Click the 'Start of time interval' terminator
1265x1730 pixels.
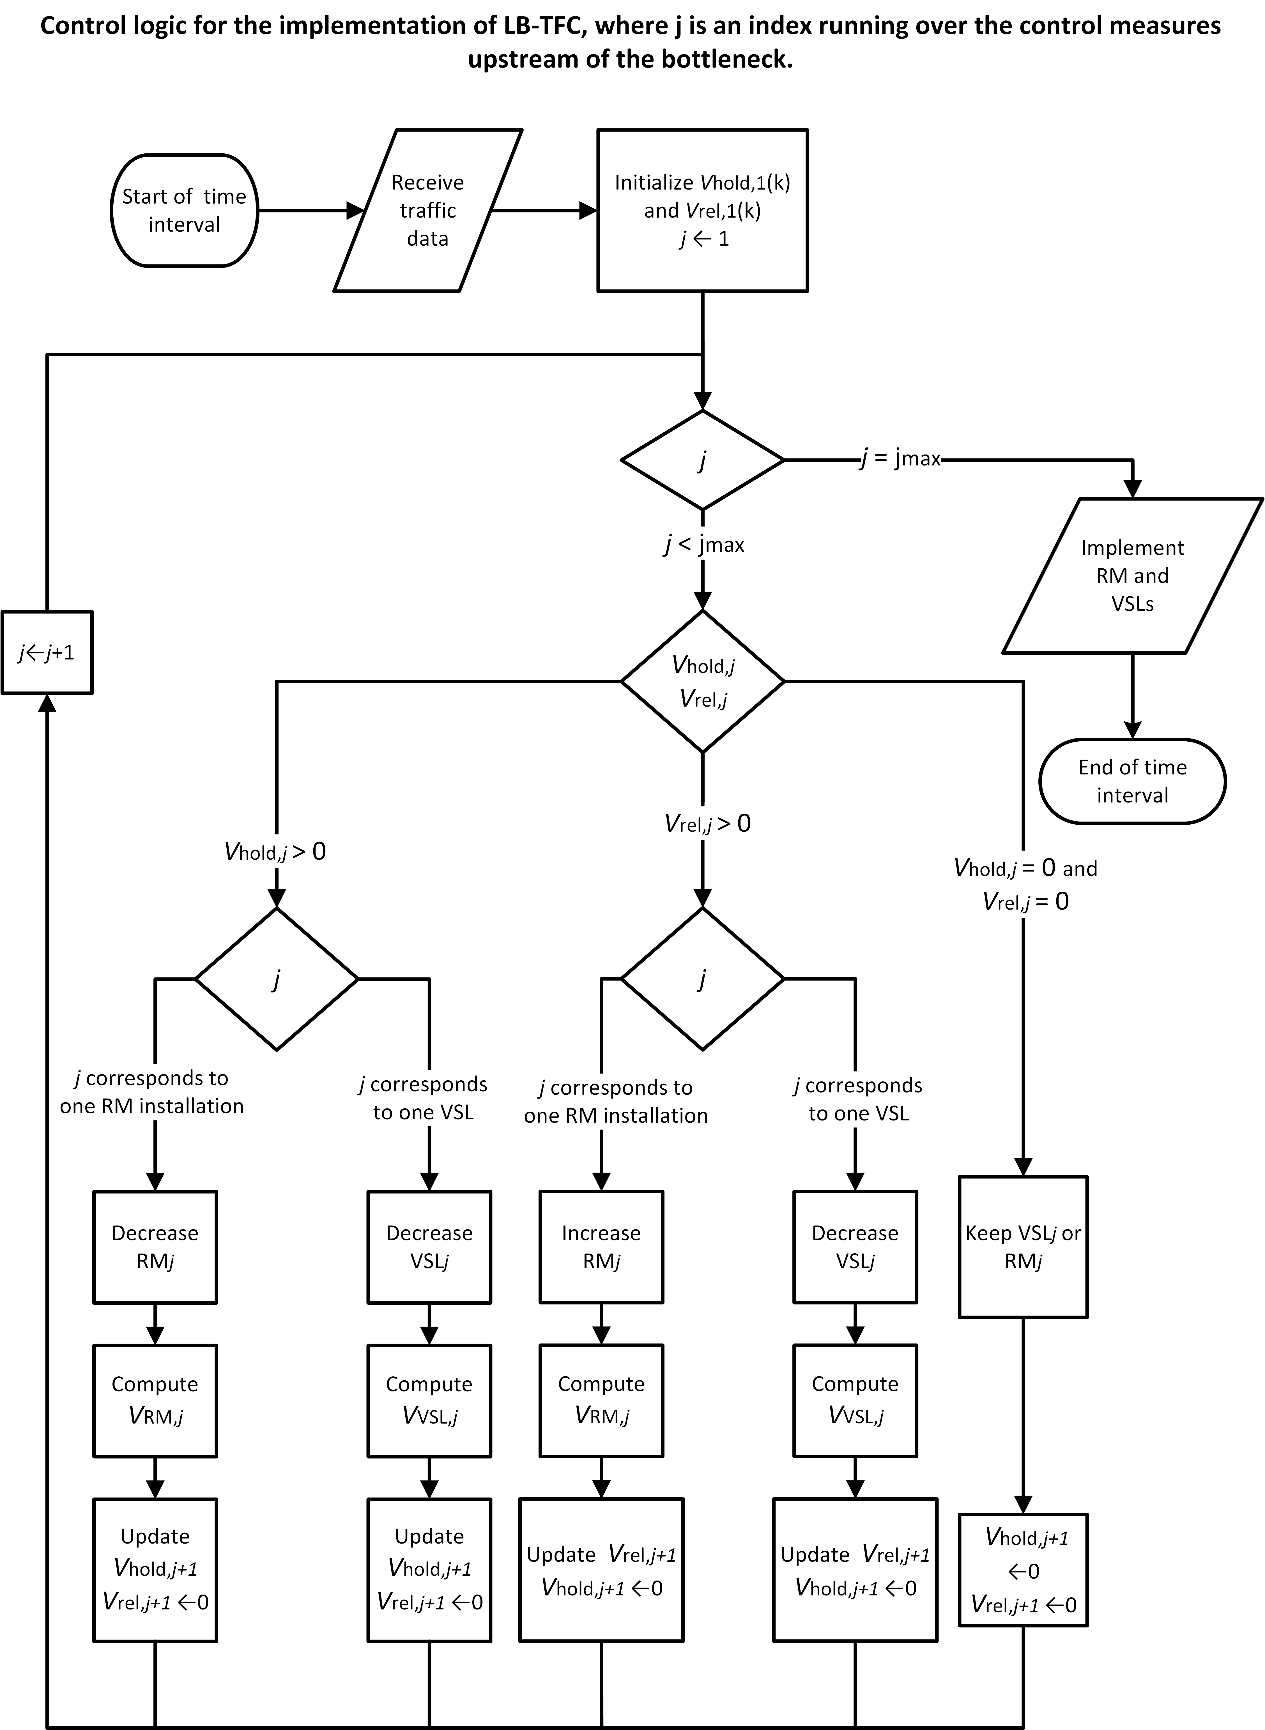[x=184, y=211]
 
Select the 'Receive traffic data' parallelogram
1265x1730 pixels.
[x=427, y=211]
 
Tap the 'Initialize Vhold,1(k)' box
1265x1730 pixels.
[x=702, y=211]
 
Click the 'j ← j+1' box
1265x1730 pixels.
[x=47, y=652]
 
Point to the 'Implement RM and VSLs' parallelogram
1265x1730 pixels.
[x=1132, y=576]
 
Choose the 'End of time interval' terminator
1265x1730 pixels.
[x=1132, y=781]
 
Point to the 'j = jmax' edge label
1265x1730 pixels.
[x=900, y=459]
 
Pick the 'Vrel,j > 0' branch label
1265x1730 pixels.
[x=708, y=824]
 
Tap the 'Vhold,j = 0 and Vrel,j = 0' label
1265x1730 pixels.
[x=1025, y=885]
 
